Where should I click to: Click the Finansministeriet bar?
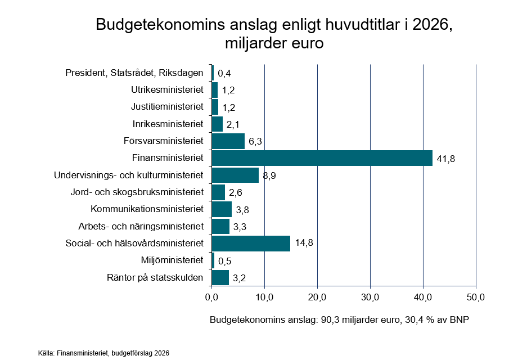[x=322, y=158]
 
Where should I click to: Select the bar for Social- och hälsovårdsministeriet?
[x=251, y=244]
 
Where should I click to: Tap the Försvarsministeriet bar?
[x=228, y=141]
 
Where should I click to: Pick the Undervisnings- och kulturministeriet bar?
[x=235, y=175]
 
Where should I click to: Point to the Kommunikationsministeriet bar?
[x=222, y=209]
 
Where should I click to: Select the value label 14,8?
[x=303, y=244]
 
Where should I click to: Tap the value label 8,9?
[x=271, y=176]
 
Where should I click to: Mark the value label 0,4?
[x=224, y=73]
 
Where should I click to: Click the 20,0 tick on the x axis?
[x=317, y=296]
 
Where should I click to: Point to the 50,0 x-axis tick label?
[x=476, y=296]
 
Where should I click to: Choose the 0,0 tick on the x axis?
[x=211, y=296]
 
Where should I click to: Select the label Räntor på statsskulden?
[x=155, y=277]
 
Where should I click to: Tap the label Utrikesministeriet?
[x=167, y=90]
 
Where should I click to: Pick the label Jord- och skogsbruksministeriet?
[x=137, y=192]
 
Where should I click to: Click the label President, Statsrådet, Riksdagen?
[x=134, y=73]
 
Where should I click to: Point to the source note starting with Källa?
[x=103, y=353]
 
